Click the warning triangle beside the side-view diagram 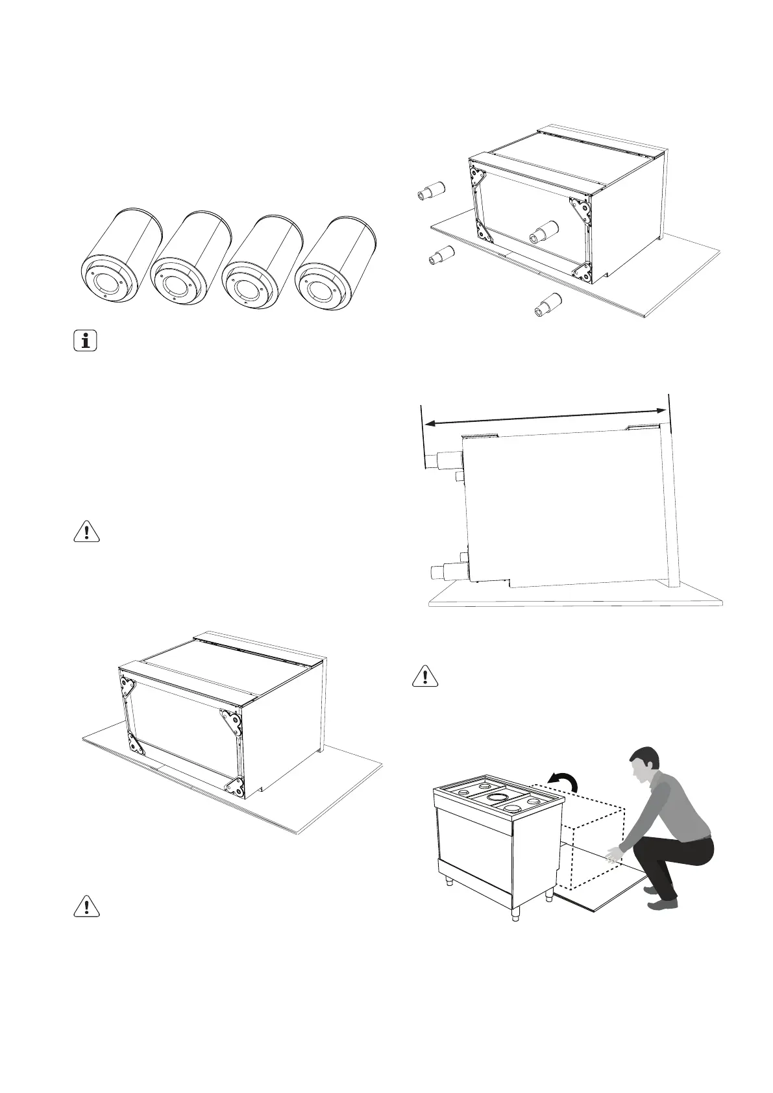coord(425,676)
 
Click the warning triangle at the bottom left coord(86,905)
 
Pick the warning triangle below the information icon coord(86,531)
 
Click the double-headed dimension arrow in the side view coord(545,415)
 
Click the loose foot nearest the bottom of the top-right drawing coord(548,305)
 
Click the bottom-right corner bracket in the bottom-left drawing coord(236,787)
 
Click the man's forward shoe coord(661,904)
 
